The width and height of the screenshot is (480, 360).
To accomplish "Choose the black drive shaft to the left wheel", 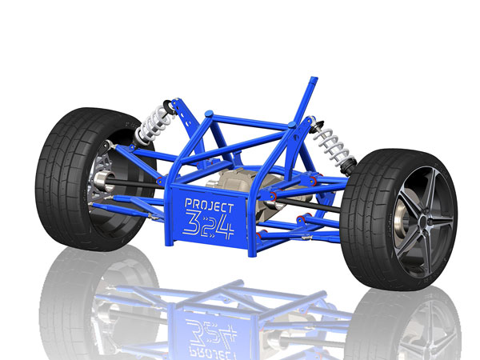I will pos(136,186).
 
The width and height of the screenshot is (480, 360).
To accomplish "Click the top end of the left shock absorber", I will pos(170,104).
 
